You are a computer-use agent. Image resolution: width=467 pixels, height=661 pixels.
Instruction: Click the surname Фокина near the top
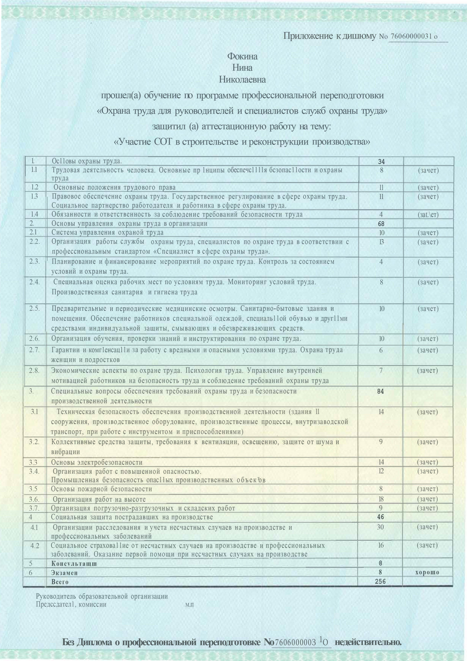[x=242, y=56]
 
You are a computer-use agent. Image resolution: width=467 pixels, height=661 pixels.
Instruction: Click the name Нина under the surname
[x=242, y=68]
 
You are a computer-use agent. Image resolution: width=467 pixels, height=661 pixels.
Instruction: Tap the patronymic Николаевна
[x=242, y=80]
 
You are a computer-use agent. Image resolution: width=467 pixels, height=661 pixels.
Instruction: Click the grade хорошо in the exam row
[x=427, y=572]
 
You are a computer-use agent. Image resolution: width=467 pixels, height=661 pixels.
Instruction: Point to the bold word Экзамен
[x=64, y=573]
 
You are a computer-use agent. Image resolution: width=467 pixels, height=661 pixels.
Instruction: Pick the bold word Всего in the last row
[x=60, y=582]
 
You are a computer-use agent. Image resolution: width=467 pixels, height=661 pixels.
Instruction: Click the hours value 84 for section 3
[x=380, y=391]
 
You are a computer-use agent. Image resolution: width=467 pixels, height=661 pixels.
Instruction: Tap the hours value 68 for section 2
[x=381, y=223]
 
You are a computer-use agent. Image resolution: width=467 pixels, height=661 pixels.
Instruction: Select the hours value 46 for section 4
[x=380, y=517]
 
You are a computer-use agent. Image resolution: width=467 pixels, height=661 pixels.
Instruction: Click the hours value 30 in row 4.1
[x=380, y=527]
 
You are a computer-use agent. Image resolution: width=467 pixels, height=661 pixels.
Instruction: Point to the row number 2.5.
[x=34, y=308]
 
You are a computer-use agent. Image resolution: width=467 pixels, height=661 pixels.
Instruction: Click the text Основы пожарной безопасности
[x=102, y=489]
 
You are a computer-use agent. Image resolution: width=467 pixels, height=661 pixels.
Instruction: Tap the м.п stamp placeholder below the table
[x=189, y=604]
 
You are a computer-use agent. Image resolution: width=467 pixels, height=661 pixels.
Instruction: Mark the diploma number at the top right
[x=414, y=36]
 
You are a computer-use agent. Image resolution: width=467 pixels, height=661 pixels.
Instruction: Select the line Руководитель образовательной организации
[x=102, y=596]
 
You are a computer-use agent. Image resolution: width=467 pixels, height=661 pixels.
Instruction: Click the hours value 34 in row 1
[x=381, y=161]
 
